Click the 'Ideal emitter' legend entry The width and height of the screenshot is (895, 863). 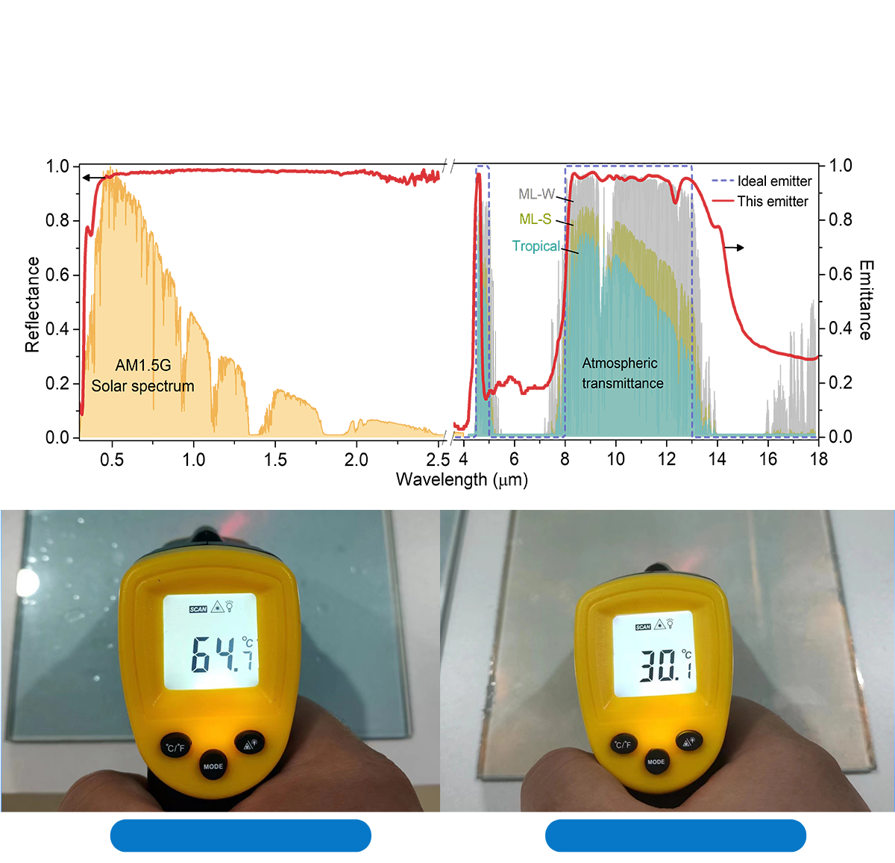pos(773,181)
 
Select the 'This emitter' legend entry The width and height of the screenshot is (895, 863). pos(772,202)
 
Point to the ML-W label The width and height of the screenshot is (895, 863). pos(536,194)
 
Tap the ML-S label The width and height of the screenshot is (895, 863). pos(535,219)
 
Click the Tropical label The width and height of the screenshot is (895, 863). pos(536,246)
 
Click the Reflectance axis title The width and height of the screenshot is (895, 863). pos(32,305)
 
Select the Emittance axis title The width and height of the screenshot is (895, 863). pos(865,300)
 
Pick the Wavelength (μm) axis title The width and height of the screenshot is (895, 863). pos(462,479)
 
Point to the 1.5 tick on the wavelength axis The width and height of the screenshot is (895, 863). pos(275,460)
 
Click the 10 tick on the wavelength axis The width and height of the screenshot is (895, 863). pos(616,460)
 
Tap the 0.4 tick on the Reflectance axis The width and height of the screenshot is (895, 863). pos(57,329)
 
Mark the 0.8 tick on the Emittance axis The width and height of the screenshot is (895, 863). pos(841,220)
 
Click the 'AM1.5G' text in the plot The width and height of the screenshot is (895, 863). pos(143,365)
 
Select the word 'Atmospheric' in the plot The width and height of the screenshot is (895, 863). pos(620,364)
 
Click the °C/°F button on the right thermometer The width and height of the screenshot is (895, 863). pos(622,744)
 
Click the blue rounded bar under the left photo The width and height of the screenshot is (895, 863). pos(240,835)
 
